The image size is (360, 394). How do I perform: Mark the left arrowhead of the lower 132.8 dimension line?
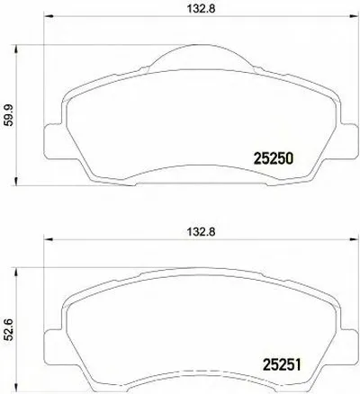point(51,240)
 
